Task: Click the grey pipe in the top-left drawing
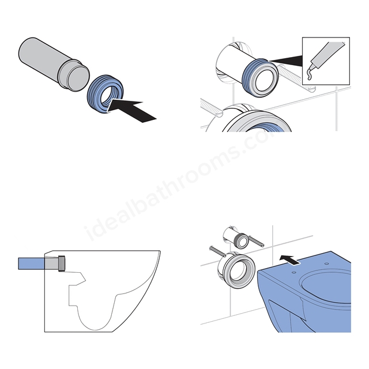pos(54,64)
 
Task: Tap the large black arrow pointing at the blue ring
pos(133,110)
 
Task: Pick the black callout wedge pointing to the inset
pos(286,61)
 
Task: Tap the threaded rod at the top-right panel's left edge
pos(212,108)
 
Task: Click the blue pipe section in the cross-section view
pos(32,263)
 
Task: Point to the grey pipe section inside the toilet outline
pos(51,263)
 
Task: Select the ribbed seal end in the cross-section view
pos(62,263)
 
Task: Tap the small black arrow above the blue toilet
pos(289,260)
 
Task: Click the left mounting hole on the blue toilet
pos(293,272)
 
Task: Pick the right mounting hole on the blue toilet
pos(326,263)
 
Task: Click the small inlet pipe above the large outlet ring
pos(235,237)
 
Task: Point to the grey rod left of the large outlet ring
pos(218,251)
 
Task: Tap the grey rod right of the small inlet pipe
pos(257,242)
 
